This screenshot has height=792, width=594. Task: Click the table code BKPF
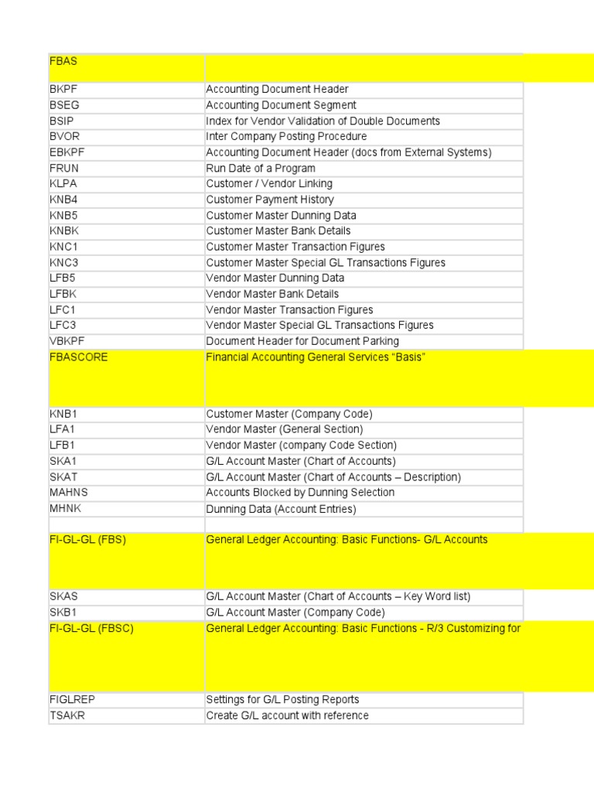[63, 89]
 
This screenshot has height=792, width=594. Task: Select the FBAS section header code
[63, 61]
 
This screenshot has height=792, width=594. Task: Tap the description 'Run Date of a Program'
[261, 168]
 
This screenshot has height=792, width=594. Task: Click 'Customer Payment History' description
[270, 200]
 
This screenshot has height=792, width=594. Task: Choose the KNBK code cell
[63, 230]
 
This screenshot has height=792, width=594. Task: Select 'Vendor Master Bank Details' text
[272, 294]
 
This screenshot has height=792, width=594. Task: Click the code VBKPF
[66, 341]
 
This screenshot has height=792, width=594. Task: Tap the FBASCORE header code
[78, 357]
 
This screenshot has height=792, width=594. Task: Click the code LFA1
[63, 429]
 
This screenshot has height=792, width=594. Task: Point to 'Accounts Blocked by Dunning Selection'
[300, 492]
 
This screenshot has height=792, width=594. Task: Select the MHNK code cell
[64, 509]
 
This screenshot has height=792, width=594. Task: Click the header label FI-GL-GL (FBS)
[87, 540]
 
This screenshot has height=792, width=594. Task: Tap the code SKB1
[63, 612]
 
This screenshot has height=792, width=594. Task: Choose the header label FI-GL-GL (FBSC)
[91, 628]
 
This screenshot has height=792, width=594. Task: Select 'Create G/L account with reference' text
[287, 715]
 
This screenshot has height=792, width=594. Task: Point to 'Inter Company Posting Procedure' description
[286, 136]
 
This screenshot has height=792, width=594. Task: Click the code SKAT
[63, 476]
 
